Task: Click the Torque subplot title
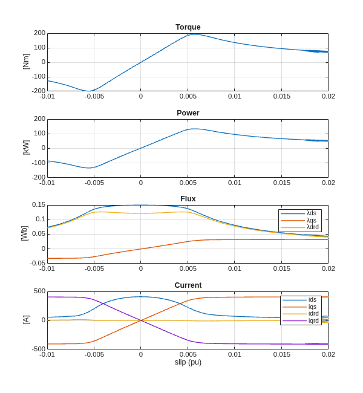pos(188,27)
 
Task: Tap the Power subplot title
pos(188,113)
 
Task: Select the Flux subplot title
pos(188,199)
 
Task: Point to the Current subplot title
pos(188,285)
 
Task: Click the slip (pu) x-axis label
pos(188,362)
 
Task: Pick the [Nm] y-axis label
pos(26,62)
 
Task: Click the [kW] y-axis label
pos(26,148)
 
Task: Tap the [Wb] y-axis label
pos(25,233)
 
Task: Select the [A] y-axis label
pos(26,320)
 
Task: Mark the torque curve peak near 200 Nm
pos(195,34)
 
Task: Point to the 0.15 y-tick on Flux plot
pos(39,205)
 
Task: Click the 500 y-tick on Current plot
pos(40,291)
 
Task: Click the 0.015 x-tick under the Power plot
pos(281,183)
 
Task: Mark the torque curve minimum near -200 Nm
pos(88,91)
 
